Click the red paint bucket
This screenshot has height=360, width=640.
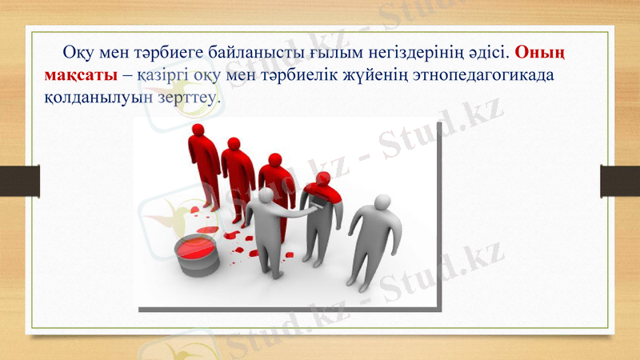(196, 254)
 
